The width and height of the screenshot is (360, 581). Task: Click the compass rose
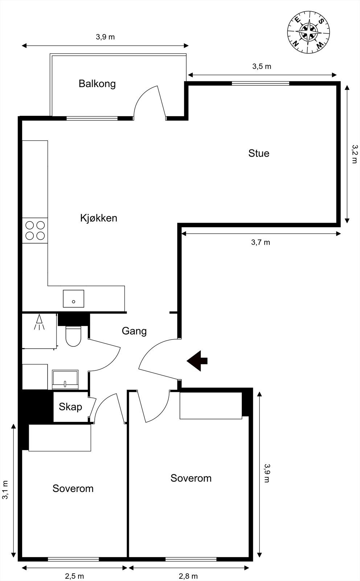tap(308, 32)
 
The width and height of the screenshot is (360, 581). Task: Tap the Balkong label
tap(97, 84)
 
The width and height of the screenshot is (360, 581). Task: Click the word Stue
tap(259, 153)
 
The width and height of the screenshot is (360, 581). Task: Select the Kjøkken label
tap(99, 218)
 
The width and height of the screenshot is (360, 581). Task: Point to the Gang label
tap(134, 331)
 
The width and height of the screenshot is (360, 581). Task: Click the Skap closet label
tap(70, 407)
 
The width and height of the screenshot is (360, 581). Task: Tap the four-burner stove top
tap(35, 231)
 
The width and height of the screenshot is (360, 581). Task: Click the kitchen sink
tap(73, 299)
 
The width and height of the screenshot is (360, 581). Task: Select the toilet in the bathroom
tap(73, 336)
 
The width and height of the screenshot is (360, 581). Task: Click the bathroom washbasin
tap(65, 379)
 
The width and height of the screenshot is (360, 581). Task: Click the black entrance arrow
tap(197, 361)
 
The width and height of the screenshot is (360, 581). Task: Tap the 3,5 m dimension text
tap(262, 66)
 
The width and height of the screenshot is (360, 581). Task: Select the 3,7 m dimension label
tap(261, 242)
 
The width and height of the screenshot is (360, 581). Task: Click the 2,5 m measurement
tap(74, 576)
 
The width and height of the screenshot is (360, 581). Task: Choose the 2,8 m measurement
tap(188, 576)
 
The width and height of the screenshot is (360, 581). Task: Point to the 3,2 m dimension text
tap(355, 154)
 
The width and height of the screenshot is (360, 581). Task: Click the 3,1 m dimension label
tap(5, 490)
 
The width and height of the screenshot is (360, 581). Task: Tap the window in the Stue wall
tap(261, 84)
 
